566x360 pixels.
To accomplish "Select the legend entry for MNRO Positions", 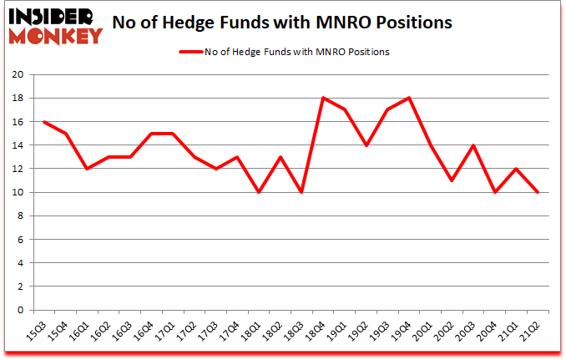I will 284,52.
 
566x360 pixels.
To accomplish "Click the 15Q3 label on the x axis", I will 35,332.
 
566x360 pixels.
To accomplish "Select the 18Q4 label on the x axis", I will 316,332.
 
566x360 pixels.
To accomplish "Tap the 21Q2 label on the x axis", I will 531,332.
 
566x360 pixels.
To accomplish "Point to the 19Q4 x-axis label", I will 402,332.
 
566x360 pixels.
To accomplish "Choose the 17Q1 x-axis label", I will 164,332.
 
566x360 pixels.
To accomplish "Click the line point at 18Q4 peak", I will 322,98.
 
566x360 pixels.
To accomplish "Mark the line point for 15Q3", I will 43,122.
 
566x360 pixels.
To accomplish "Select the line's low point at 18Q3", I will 301,192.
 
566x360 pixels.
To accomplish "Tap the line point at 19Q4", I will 408,98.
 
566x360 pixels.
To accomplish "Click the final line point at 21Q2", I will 538,192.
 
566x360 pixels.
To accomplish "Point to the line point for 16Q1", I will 86,169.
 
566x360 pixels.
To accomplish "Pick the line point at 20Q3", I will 473,145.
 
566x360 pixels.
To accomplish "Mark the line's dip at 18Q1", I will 258,192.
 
